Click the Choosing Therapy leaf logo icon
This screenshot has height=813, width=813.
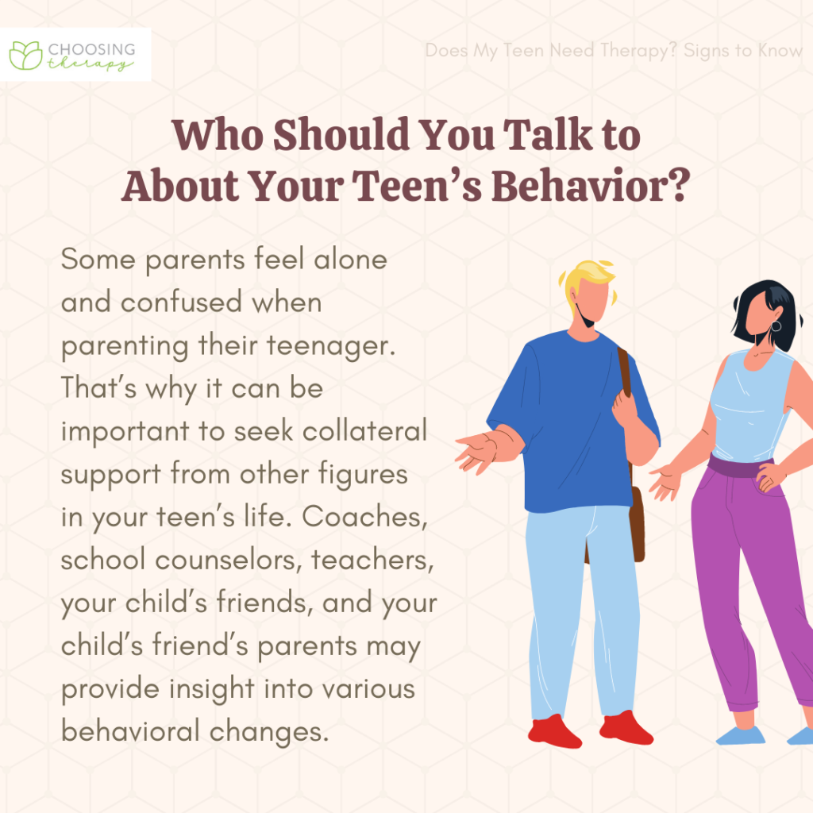tap(25, 54)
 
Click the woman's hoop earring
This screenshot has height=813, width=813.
tap(776, 326)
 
